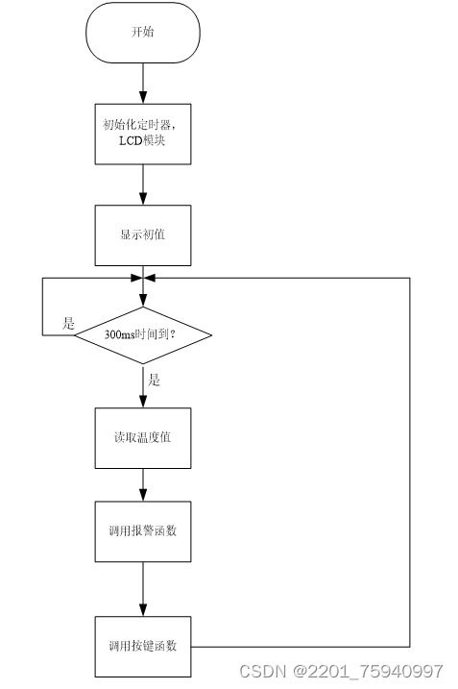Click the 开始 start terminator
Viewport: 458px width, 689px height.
(x=143, y=33)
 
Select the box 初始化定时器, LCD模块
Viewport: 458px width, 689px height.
(x=143, y=134)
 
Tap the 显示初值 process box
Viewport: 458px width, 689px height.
(x=143, y=235)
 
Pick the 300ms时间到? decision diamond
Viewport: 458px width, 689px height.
(x=143, y=335)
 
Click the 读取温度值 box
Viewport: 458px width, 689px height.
(x=143, y=438)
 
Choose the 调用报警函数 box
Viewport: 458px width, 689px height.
(x=143, y=531)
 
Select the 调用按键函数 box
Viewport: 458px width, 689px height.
(x=143, y=647)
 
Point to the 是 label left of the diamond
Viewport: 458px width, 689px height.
(x=68, y=323)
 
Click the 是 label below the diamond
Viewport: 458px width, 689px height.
(x=154, y=380)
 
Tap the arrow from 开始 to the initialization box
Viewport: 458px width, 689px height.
(x=143, y=84)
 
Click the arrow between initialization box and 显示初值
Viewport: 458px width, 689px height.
(x=143, y=185)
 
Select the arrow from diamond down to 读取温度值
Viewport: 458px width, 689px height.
(x=143, y=385)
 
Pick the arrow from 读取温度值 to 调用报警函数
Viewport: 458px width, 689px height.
(x=143, y=484)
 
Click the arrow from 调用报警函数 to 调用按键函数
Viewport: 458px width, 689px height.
(x=143, y=589)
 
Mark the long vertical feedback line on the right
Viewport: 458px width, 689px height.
(x=410, y=462)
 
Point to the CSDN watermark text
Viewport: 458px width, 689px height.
(x=262, y=671)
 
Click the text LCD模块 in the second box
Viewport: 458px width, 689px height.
(x=142, y=140)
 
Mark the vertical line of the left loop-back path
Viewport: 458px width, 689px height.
(x=42, y=307)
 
